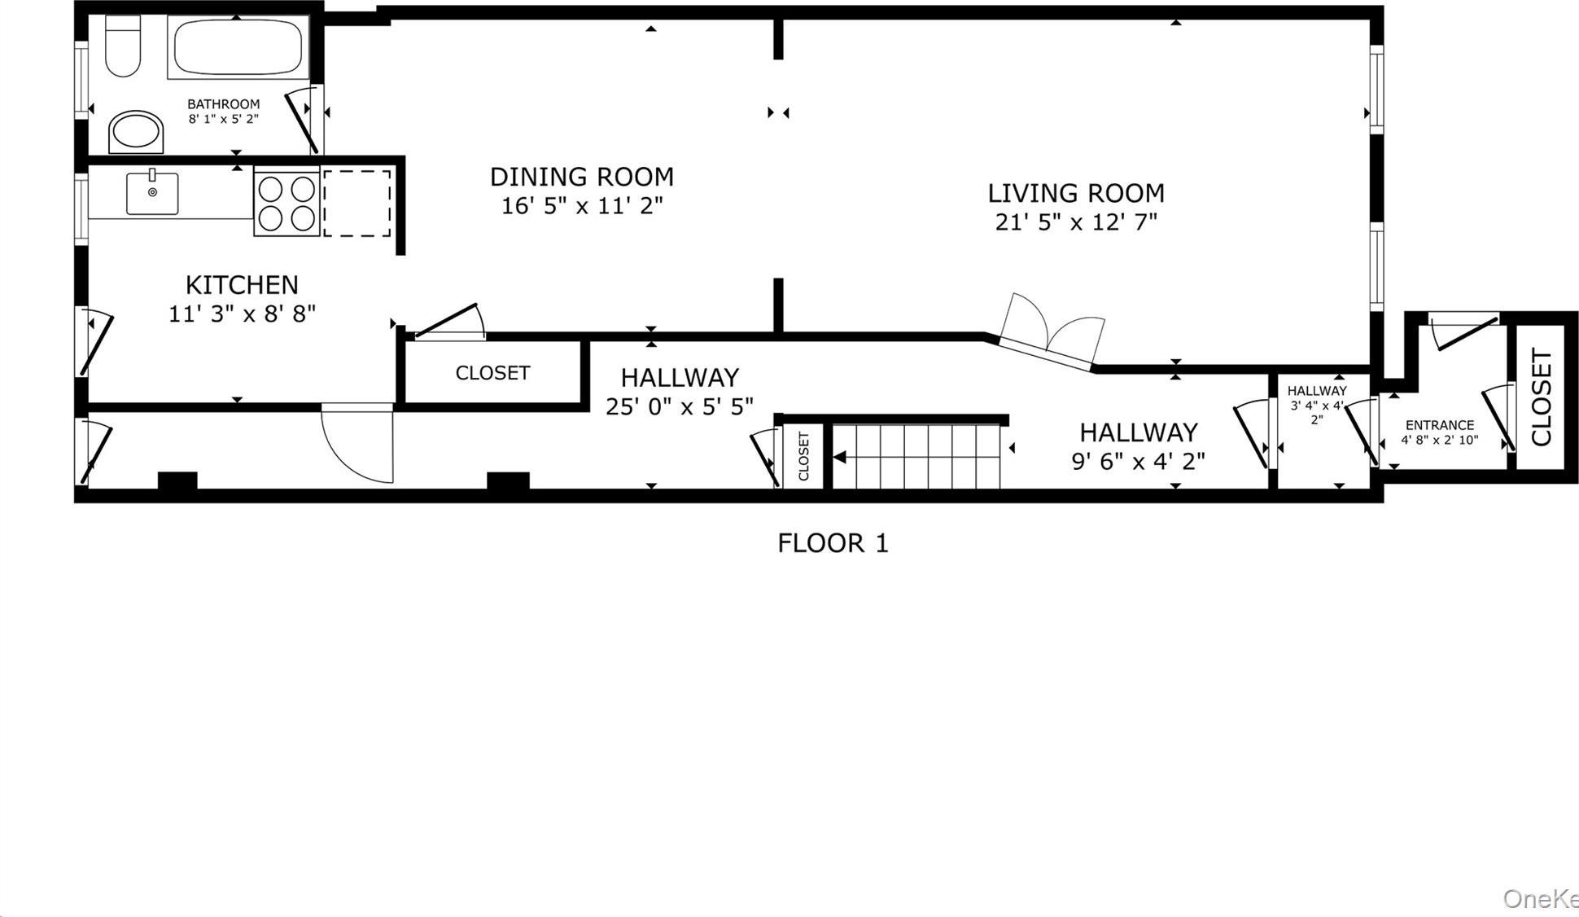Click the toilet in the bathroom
(123, 47)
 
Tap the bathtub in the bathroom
(237, 48)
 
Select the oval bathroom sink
(136, 132)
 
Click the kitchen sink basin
(152, 194)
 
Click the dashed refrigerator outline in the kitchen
(357, 204)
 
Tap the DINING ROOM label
(581, 177)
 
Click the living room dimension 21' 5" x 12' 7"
(1075, 222)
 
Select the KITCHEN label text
(242, 285)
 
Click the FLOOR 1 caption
(833, 543)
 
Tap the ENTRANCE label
(1439, 425)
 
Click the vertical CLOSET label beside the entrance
(1542, 397)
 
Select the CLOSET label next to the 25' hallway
(492, 373)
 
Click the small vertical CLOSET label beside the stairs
(803, 457)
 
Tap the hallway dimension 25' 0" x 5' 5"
(679, 406)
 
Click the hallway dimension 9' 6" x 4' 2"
(1137, 462)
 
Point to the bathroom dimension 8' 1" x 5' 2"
(224, 119)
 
